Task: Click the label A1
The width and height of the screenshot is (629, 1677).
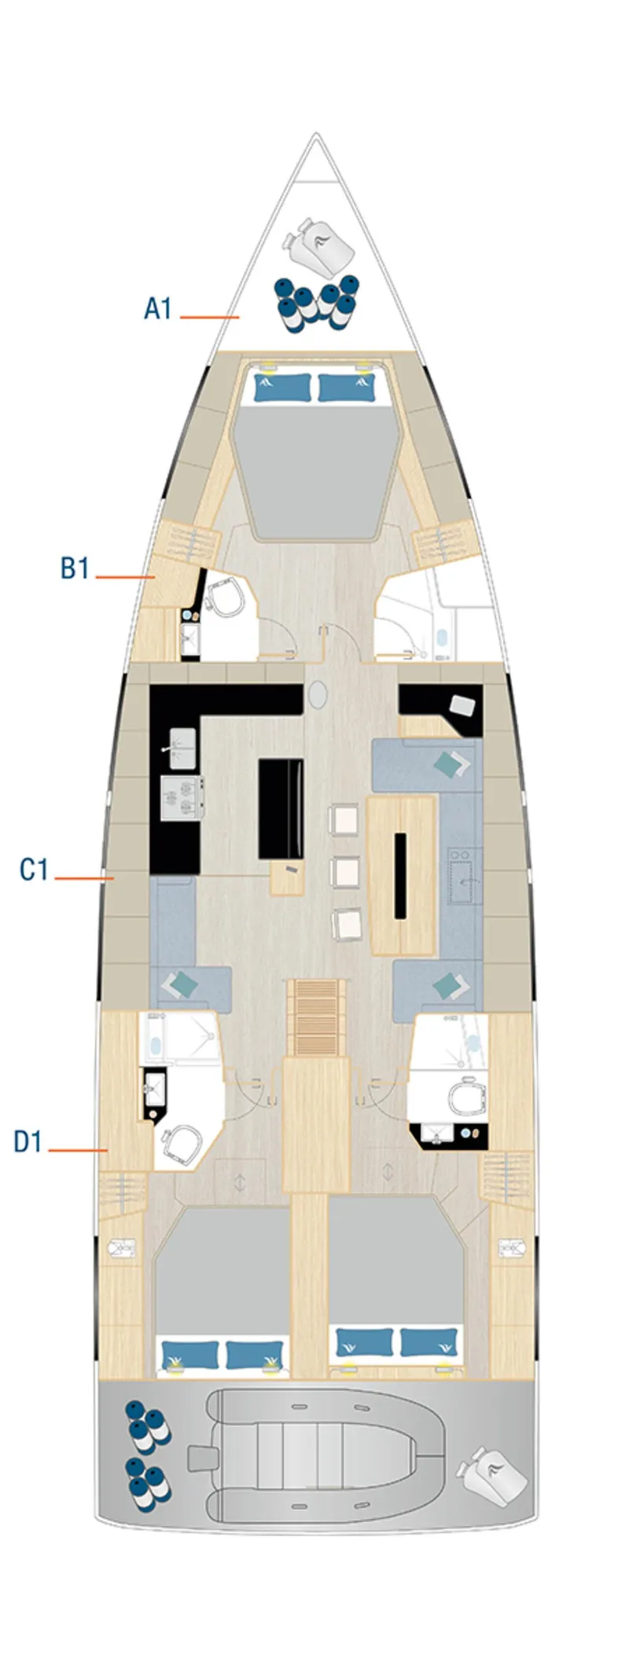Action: pyautogui.click(x=157, y=308)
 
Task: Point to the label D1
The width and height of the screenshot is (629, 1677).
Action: pyautogui.click(x=28, y=1141)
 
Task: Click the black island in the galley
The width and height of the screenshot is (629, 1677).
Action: pyautogui.click(x=281, y=809)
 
